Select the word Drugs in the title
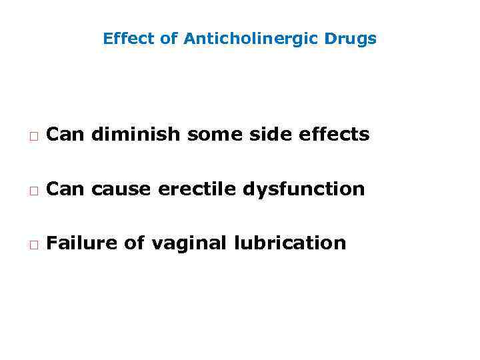tap(351, 39)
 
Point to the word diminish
tap(135, 135)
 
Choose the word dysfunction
tap(304, 189)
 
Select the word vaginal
tap(189, 243)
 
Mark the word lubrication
tap(291, 243)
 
